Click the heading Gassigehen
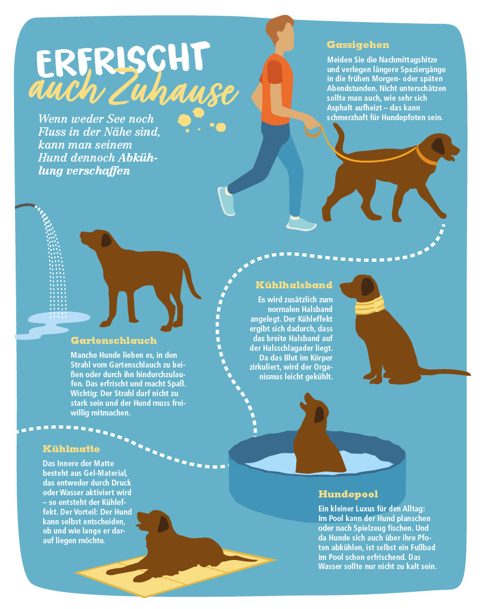tap(358, 45)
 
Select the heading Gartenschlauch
tap(114, 341)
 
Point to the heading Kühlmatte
tap(72, 448)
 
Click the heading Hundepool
tap(348, 494)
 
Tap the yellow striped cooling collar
tap(370, 305)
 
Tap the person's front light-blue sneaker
tap(301, 223)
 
